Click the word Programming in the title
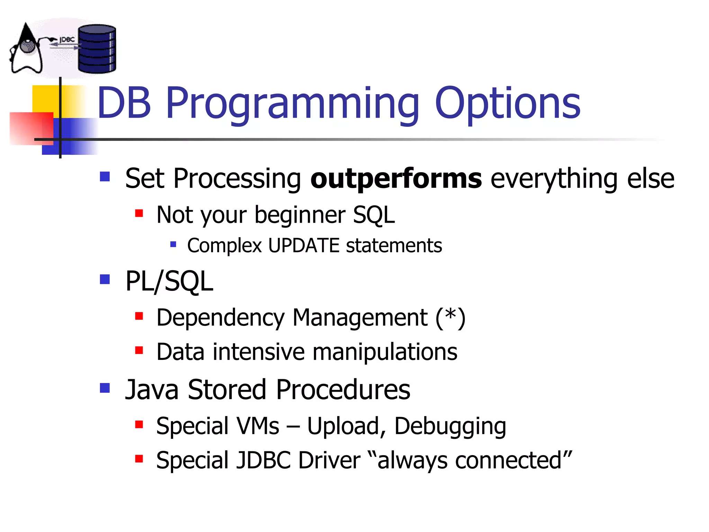click(x=293, y=104)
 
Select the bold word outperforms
click(x=396, y=179)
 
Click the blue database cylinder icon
click(x=97, y=49)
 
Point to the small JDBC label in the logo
click(x=67, y=40)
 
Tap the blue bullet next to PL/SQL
click(x=105, y=279)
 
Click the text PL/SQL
click(x=169, y=281)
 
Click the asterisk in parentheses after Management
click(x=450, y=316)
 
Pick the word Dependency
click(x=220, y=318)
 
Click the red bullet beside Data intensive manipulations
click(x=139, y=351)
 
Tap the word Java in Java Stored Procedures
click(x=152, y=390)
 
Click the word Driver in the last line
click(x=329, y=461)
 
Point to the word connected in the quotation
click(x=508, y=461)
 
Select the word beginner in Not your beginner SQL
click(x=299, y=215)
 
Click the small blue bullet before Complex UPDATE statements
click(x=173, y=245)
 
